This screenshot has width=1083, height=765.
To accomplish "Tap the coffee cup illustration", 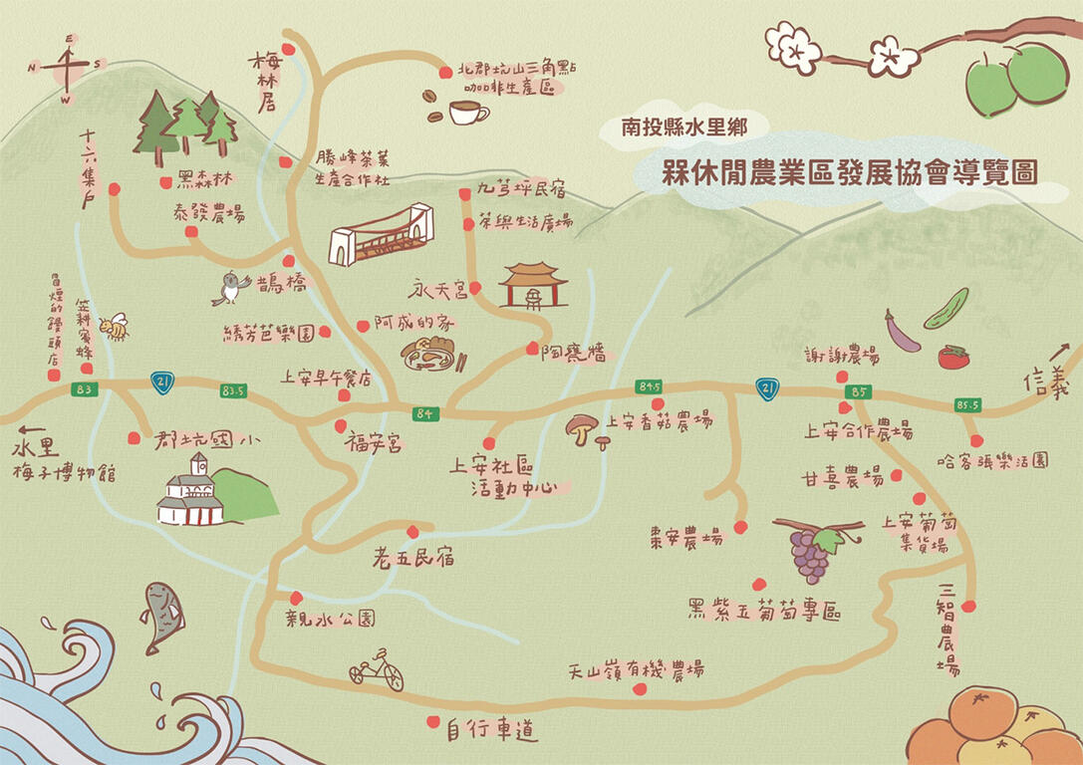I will click(x=467, y=112).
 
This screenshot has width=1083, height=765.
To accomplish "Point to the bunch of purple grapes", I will click(x=810, y=555).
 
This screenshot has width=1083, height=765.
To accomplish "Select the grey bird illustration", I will click(x=231, y=288).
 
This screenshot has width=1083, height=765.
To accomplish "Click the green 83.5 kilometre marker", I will click(x=234, y=390).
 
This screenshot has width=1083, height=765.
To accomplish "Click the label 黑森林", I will click(x=203, y=181).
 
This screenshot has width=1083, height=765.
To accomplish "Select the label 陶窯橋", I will click(x=573, y=352).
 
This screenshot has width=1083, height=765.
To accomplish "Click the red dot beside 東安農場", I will click(x=740, y=527).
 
